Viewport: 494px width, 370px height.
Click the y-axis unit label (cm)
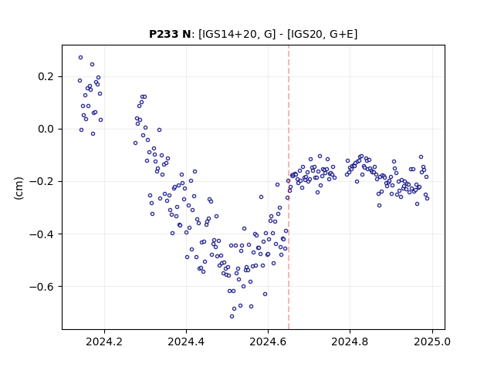pyautogui.click(x=19, y=188)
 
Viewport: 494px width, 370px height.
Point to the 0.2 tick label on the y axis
pyautogui.click(x=46, y=77)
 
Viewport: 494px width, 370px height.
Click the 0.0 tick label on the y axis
pyautogui.click(x=46, y=129)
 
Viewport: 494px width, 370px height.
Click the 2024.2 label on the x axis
pyautogui.click(x=104, y=341)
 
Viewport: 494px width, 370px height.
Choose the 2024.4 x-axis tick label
pyautogui.click(x=186, y=341)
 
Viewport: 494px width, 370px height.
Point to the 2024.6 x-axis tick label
pyautogui.click(x=268, y=341)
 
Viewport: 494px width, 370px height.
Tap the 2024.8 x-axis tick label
pyautogui.click(x=350, y=341)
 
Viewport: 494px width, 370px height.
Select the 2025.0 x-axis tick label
pyautogui.click(x=432, y=341)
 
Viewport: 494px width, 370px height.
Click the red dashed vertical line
pyautogui.click(x=289, y=187)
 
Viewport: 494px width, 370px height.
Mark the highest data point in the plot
pyautogui.click(x=80, y=58)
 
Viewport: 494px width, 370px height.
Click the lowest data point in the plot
pyautogui.click(x=232, y=317)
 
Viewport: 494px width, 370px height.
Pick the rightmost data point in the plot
pyautogui.click(x=427, y=199)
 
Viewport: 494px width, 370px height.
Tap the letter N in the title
pyautogui.click(x=186, y=34)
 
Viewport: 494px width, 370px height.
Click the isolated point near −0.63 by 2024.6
pyautogui.click(x=266, y=294)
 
